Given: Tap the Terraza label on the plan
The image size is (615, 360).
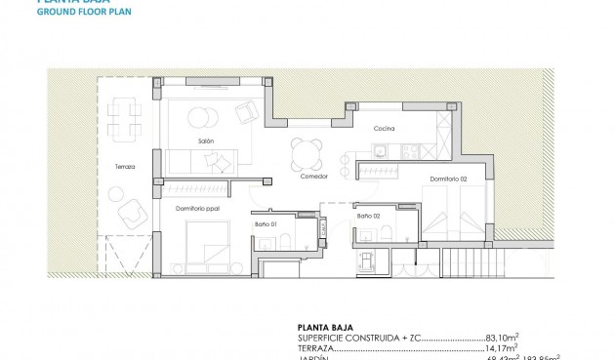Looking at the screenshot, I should click(124, 167).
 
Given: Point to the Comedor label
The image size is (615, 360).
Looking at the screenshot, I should click(313, 177).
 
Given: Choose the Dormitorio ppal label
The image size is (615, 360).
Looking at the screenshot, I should click(196, 208).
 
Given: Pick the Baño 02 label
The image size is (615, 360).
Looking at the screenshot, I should click(368, 216).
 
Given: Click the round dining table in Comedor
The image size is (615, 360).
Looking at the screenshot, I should click(305, 152).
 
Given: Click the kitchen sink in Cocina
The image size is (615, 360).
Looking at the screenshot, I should click(381, 148).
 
